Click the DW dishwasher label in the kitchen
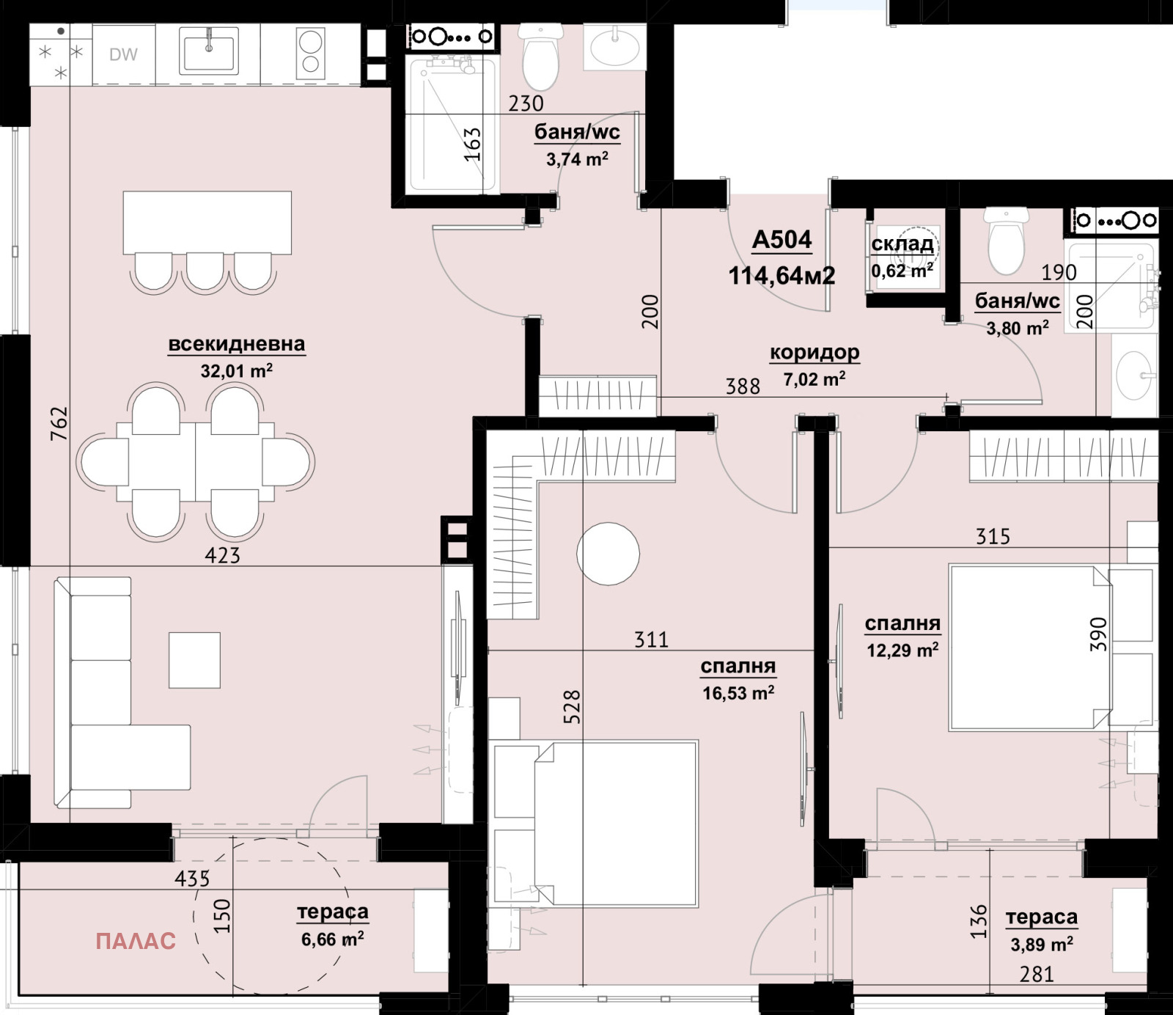(x=123, y=54)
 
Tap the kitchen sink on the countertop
(x=209, y=51)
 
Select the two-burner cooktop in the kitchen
(x=310, y=53)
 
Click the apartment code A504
(x=782, y=240)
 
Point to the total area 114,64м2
(x=782, y=276)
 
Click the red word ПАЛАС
(x=136, y=941)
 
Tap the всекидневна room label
(x=236, y=344)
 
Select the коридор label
(x=815, y=353)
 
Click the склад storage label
(x=902, y=244)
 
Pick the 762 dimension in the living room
(x=59, y=423)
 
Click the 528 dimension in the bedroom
(x=572, y=707)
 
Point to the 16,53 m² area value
(x=738, y=693)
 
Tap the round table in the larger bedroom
(x=608, y=554)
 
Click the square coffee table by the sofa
(x=194, y=660)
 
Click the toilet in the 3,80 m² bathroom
(x=1006, y=241)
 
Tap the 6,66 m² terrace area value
(x=333, y=939)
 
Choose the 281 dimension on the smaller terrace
(x=1037, y=975)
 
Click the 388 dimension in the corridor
(x=743, y=386)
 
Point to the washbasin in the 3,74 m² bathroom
(x=615, y=48)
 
